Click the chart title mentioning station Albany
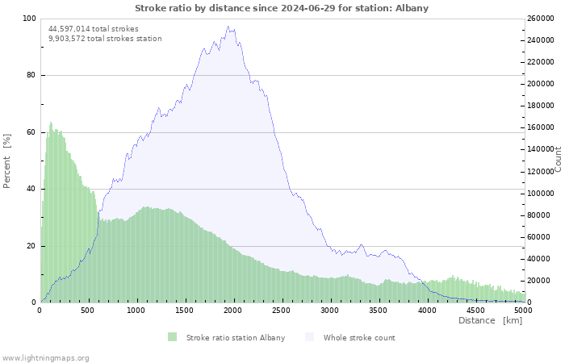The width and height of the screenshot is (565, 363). coord(282,8)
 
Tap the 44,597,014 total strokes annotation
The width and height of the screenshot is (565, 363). coord(94,29)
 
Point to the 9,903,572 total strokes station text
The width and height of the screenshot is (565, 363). coord(105,39)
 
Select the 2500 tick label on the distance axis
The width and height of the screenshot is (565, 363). coord(281,311)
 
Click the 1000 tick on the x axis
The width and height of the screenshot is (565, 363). coord(136,311)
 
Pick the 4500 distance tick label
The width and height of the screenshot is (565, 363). coord(475,311)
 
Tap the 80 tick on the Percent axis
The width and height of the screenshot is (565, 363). coord(31,75)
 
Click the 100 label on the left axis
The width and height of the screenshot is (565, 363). coord(29,19)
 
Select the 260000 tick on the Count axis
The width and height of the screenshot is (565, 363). coord(540,19)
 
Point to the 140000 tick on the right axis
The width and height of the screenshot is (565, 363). coord(540,149)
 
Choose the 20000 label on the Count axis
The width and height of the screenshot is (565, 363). coord(538,280)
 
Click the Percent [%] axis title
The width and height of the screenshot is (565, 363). coord(6,161)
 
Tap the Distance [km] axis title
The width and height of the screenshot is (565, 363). coord(490,320)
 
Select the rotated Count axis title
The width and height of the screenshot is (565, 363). coord(558,159)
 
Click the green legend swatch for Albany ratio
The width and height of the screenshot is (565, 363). coord(172,337)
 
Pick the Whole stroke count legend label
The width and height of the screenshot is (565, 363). coord(359,338)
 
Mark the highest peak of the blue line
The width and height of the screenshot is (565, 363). coord(228,27)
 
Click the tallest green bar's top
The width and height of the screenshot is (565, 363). coord(51,122)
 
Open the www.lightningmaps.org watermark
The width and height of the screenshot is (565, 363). coord(45,358)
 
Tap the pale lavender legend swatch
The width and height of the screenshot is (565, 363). coord(309,337)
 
